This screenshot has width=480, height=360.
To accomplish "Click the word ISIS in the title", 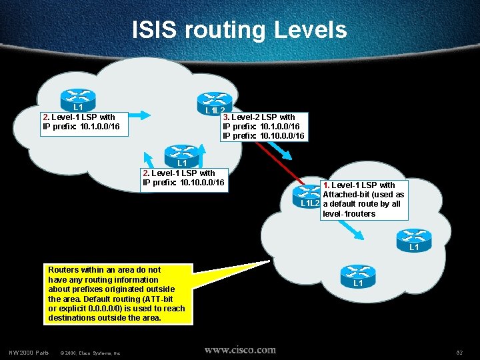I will tap(155, 31).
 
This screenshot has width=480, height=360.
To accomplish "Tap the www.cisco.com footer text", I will tap(239, 350).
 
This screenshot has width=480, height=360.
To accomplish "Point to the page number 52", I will tap(459, 352).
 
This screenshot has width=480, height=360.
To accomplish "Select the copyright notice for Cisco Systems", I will tap(90, 353).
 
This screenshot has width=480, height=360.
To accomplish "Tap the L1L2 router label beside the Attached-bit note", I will tap(311, 203).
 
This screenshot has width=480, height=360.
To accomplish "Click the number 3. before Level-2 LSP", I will tap(226, 117).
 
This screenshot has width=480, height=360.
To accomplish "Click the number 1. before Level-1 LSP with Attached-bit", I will tap(326, 185).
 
